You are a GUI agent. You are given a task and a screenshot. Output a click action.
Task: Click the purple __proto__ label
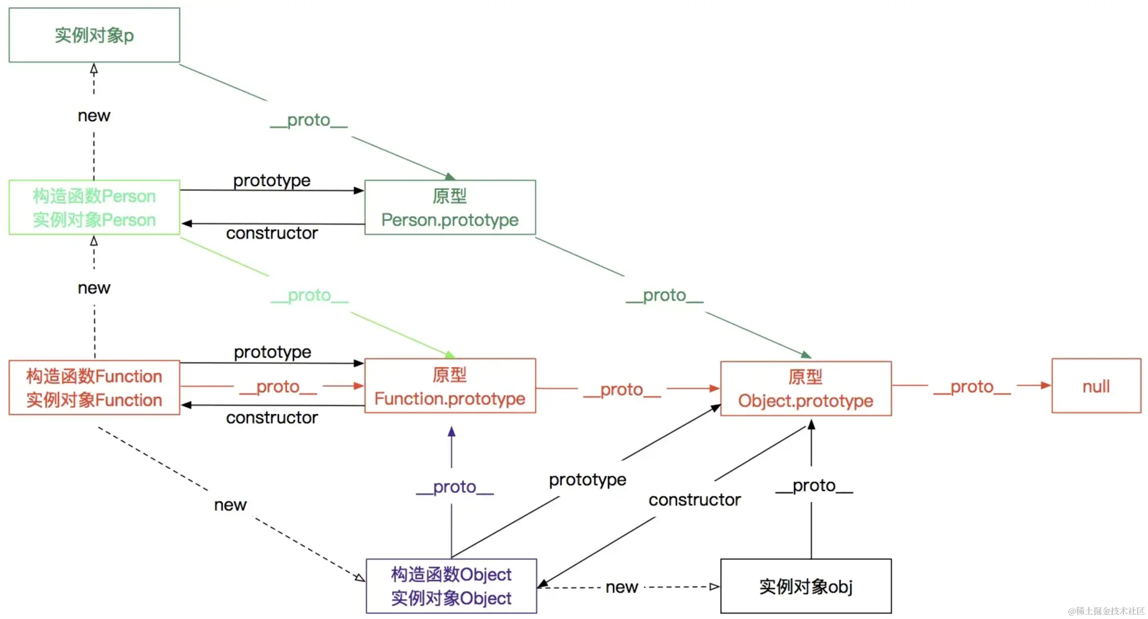tap(455, 487)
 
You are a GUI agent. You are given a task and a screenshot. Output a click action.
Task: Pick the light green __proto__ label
tap(310, 295)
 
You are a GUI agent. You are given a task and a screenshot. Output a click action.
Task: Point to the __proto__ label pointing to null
tap(972, 387)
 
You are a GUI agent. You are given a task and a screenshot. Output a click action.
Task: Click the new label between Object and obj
tap(622, 587)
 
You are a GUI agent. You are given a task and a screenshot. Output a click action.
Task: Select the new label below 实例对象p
tap(94, 116)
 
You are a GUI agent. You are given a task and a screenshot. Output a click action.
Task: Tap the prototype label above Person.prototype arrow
tap(272, 181)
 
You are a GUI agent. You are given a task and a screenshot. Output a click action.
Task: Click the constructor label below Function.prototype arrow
tap(272, 418)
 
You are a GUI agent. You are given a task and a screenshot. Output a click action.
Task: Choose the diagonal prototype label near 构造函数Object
tap(587, 480)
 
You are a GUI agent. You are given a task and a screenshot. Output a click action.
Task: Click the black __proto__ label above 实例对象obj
tap(814, 485)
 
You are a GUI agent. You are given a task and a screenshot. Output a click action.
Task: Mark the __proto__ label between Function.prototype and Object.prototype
tap(622, 389)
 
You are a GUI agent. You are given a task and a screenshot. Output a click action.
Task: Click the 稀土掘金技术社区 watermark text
tap(1106, 611)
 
